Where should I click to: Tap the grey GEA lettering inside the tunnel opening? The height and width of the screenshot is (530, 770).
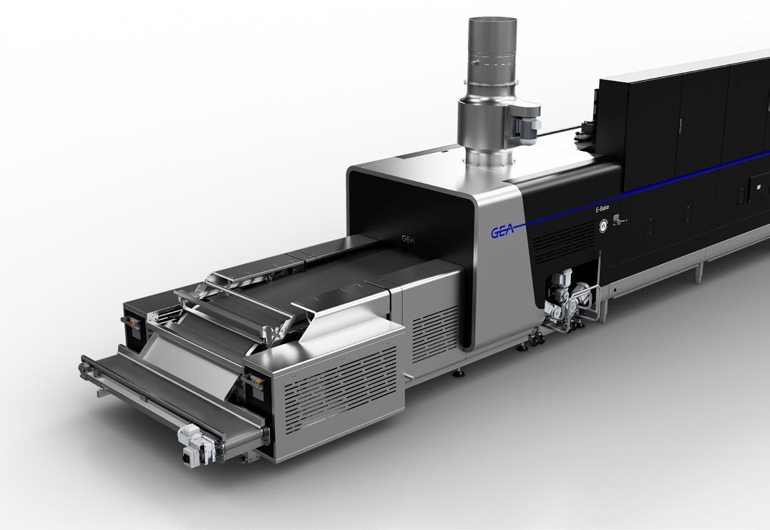click(408, 240)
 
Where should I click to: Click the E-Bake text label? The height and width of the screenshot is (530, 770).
click(602, 209)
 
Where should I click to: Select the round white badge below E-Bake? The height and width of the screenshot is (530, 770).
click(603, 225)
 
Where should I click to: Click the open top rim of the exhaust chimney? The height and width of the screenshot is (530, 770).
click(492, 21)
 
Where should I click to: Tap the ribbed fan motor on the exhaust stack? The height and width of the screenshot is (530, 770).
click(527, 125)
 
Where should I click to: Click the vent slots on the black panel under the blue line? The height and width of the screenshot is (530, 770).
click(562, 240)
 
